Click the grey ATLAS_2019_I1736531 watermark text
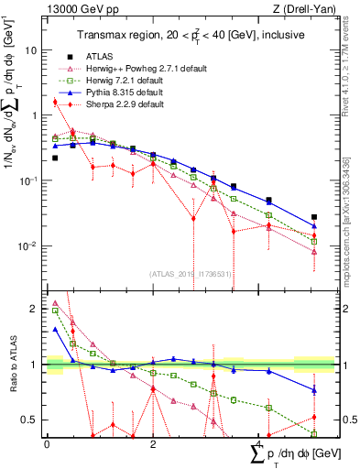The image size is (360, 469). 191,274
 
